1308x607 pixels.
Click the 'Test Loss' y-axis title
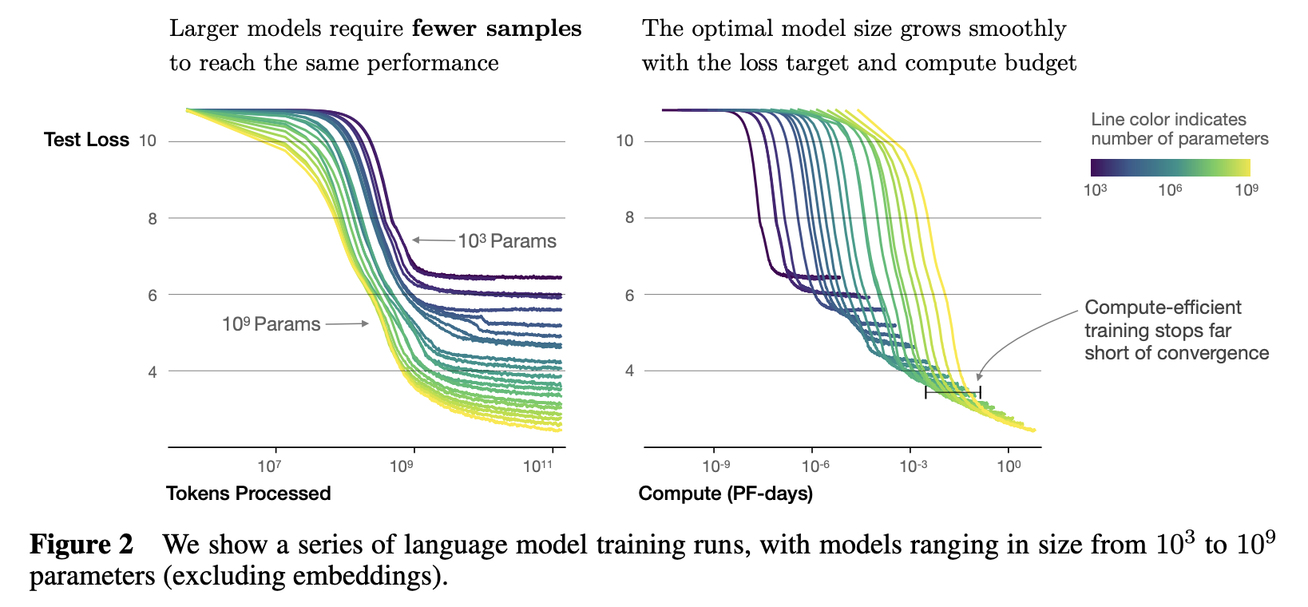(x=86, y=140)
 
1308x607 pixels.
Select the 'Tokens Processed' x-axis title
(x=248, y=494)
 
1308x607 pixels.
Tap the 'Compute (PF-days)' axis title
(x=725, y=494)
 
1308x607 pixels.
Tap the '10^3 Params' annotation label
(x=507, y=241)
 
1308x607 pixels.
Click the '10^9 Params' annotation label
(x=272, y=324)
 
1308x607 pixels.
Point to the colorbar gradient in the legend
(x=1170, y=167)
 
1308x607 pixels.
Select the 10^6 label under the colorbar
(x=1170, y=190)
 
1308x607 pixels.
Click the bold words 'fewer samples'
(x=497, y=29)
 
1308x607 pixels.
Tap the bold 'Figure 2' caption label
(x=81, y=545)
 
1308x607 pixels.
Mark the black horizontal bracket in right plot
(x=953, y=391)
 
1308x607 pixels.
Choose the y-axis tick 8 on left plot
(x=152, y=218)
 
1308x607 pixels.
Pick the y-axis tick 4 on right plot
(x=629, y=371)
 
